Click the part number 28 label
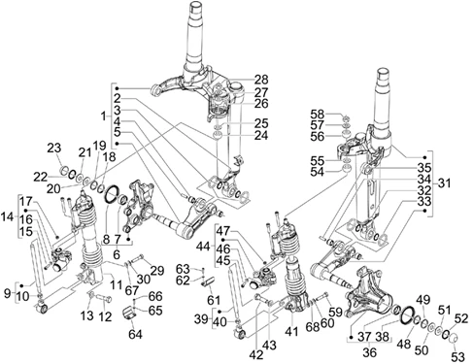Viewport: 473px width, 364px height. coord(261,80)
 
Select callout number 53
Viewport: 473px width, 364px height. coord(457,357)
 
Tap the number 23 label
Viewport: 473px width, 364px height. coord(54,149)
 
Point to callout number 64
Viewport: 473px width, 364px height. coord(135,334)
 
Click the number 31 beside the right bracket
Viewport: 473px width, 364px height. coord(444,183)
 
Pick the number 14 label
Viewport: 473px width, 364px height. coord(8,216)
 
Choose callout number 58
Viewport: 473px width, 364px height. coord(318,115)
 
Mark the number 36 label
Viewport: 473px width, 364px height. coord(369,352)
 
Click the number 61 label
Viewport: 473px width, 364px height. coord(214,300)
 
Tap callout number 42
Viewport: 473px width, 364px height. coord(256,355)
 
